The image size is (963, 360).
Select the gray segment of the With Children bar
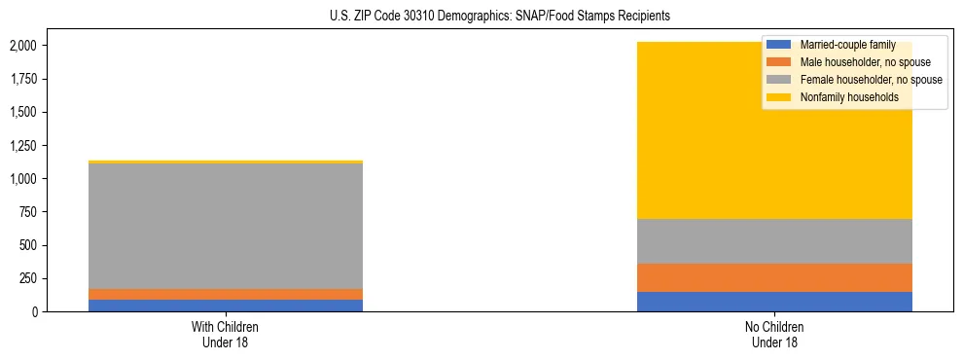pyautogui.click(x=225, y=226)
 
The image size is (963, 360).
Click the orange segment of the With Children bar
pyautogui.click(x=225, y=294)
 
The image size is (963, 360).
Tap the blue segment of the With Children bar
pyautogui.click(x=225, y=306)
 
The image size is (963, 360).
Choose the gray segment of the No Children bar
pyautogui.click(x=774, y=241)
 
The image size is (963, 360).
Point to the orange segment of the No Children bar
pyautogui.click(x=774, y=277)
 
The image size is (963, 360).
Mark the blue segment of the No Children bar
pyautogui.click(x=774, y=302)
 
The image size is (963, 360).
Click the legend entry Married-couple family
pyautogui.click(x=844, y=45)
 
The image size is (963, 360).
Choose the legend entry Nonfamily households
pyautogui.click(x=842, y=97)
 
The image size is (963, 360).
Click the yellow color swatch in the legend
pyautogui.click(x=779, y=97)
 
